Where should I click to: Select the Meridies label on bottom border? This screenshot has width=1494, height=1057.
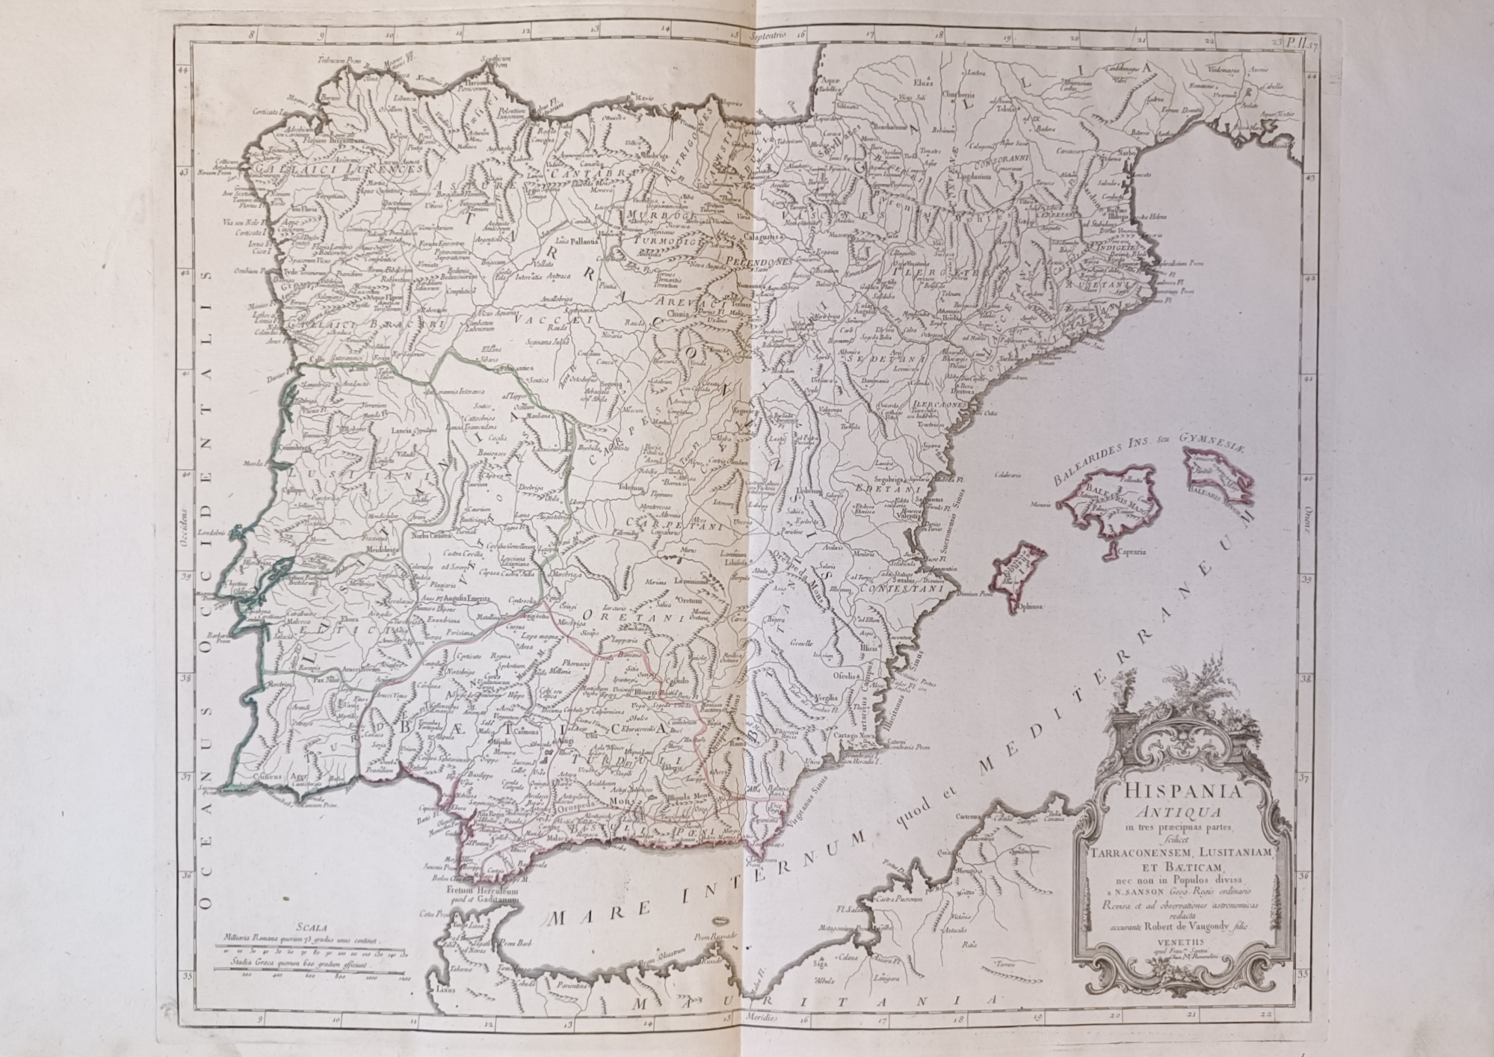760,1019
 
